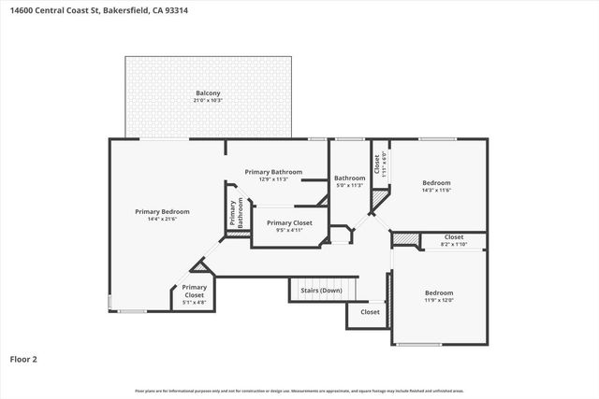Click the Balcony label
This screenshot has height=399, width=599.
click(208, 93)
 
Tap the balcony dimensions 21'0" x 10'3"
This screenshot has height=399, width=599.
click(208, 100)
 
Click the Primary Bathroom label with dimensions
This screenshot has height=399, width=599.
click(273, 172)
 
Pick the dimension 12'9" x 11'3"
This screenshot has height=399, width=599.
click(273, 179)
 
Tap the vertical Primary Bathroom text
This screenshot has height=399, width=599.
click(236, 213)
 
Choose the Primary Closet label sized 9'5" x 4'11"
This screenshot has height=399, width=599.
click(289, 222)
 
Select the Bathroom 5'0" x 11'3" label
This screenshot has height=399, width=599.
click(349, 178)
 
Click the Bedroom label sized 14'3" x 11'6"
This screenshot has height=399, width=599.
click(436, 182)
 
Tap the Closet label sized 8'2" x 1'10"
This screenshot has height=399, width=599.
click(454, 237)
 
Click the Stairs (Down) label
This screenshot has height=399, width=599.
click(321, 291)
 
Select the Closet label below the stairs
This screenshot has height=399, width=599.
click(371, 312)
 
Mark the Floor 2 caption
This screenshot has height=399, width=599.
click(23, 358)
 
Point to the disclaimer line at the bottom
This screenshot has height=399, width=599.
click(299, 391)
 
